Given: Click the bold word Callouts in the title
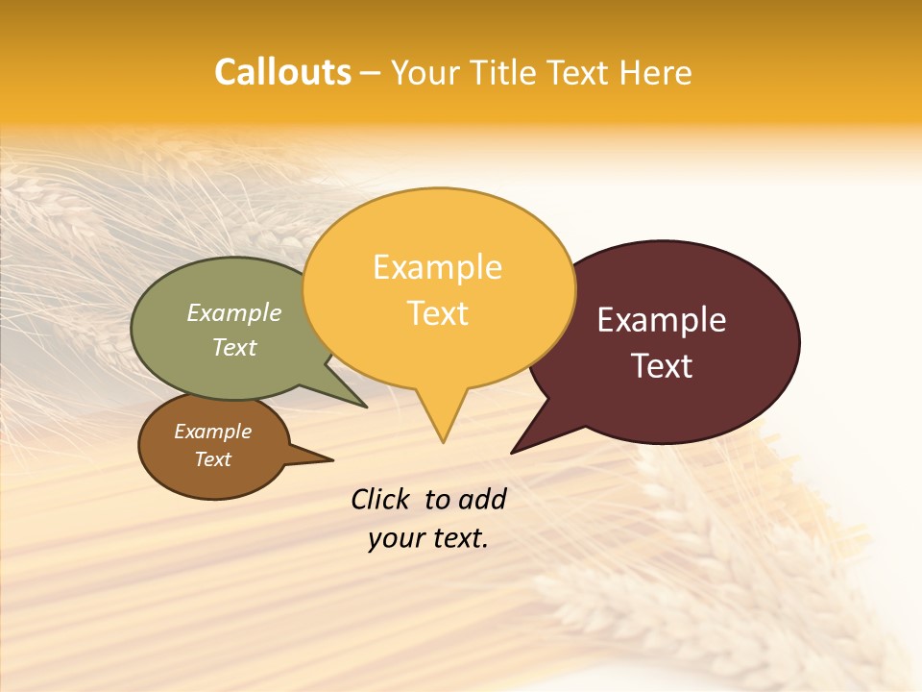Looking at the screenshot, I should click(x=282, y=72).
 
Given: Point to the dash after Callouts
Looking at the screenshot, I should click(x=370, y=73).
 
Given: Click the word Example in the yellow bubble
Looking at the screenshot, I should click(x=437, y=267).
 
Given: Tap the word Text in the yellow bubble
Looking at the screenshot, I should click(x=437, y=313).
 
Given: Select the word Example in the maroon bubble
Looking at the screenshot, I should click(x=661, y=320).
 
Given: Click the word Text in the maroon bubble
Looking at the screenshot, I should click(x=661, y=366).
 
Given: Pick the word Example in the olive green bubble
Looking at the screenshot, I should click(x=233, y=313).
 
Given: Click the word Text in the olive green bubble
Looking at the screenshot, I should click(x=233, y=347).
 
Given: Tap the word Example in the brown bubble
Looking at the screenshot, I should click(x=212, y=432).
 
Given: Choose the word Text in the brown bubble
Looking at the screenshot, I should click(x=212, y=459).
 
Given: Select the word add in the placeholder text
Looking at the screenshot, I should click(x=482, y=499).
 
